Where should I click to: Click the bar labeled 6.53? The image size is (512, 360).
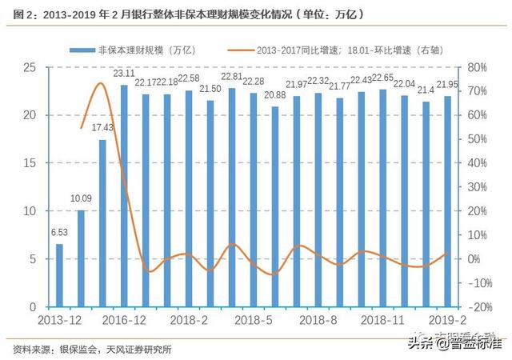click(x=59, y=275)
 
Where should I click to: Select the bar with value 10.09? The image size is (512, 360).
click(x=81, y=258)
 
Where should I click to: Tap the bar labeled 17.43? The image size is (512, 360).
click(x=102, y=223)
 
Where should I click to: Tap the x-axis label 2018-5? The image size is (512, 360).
click(x=252, y=320)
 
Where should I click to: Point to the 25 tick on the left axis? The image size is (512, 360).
click(x=30, y=67)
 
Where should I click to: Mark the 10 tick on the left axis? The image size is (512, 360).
click(x=30, y=211)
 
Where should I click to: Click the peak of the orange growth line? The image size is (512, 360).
click(x=101, y=82)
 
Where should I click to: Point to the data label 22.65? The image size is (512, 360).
click(x=382, y=78)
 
